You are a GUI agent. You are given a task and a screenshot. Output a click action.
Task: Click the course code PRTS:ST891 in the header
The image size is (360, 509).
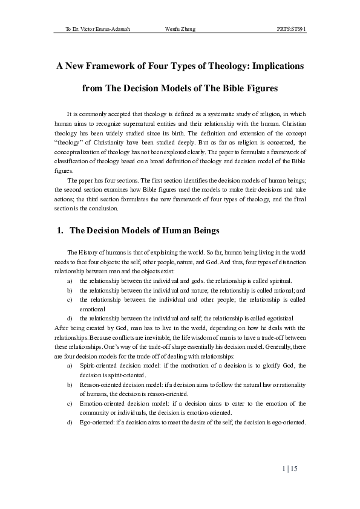(292, 29)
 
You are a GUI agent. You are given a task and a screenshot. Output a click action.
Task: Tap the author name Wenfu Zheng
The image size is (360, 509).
(180, 29)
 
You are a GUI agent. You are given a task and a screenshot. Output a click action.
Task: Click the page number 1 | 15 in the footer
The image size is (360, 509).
(290, 469)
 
